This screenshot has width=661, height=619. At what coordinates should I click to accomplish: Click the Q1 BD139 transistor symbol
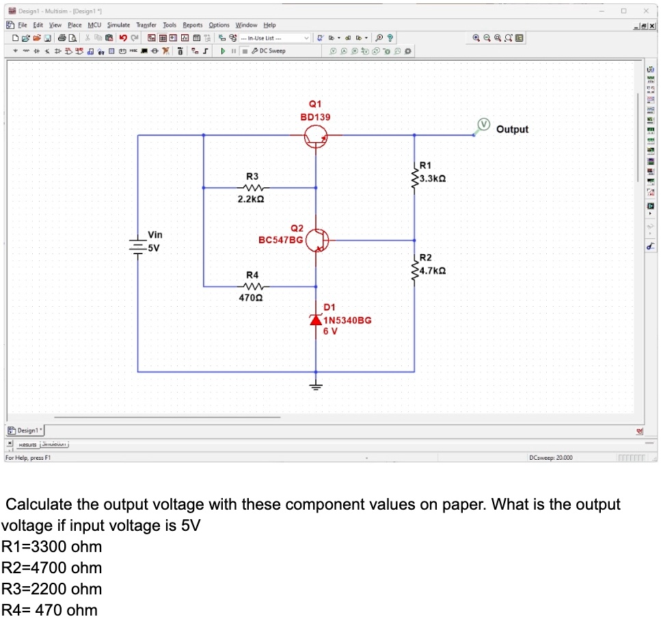[x=316, y=136]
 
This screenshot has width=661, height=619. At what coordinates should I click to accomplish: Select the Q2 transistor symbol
[x=316, y=240]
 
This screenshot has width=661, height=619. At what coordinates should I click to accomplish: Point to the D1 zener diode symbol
[x=316, y=320]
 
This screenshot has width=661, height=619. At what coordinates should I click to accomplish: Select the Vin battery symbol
[x=138, y=245]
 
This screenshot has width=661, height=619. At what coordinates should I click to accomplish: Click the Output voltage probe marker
[x=484, y=124]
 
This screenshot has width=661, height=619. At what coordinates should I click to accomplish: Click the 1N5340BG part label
[x=347, y=320]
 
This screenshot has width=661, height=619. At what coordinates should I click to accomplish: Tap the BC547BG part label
[x=280, y=240]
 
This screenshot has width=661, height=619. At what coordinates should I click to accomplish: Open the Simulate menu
[x=118, y=25]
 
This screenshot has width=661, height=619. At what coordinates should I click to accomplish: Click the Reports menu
[x=192, y=25]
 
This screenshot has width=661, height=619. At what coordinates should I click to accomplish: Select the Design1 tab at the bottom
[x=25, y=430]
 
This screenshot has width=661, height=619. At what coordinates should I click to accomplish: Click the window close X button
[x=645, y=11]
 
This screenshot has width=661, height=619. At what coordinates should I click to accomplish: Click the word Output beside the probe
[x=512, y=129]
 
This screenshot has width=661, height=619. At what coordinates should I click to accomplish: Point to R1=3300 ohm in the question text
[x=52, y=547]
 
